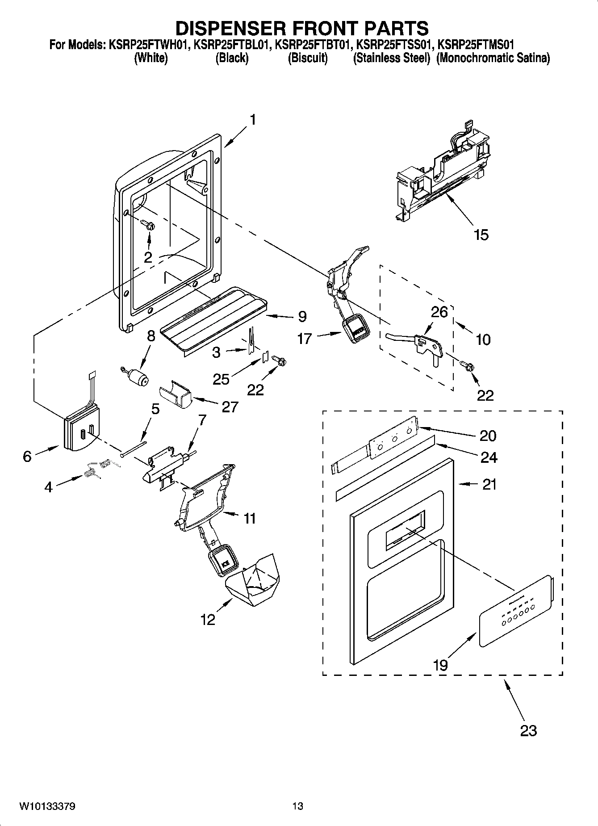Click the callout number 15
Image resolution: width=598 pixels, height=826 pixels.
pyautogui.click(x=481, y=235)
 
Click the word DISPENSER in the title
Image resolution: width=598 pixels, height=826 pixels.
pyautogui.click(x=236, y=28)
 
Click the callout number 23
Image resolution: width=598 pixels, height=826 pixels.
pyautogui.click(x=528, y=731)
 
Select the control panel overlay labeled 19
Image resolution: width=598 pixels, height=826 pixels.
pyautogui.click(x=515, y=611)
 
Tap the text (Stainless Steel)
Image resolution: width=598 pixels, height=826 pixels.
pyautogui.click(x=391, y=58)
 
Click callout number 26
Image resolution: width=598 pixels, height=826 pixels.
pyautogui.click(x=439, y=311)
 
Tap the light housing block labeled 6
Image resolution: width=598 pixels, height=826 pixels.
pyautogui.click(x=82, y=432)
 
